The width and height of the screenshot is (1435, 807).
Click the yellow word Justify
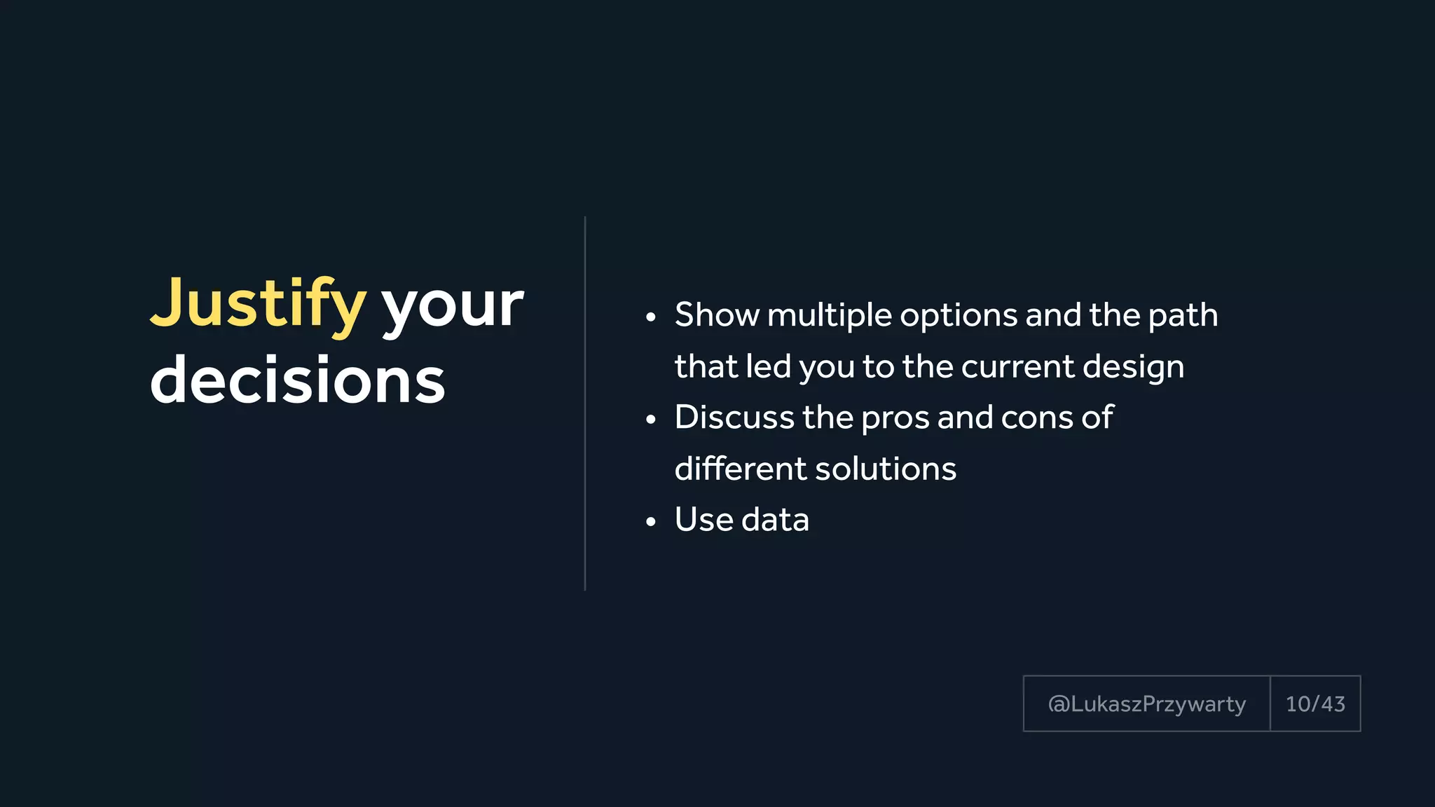point(258,304)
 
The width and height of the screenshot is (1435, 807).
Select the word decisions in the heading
point(298,380)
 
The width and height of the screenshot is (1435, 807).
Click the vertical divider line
point(585,403)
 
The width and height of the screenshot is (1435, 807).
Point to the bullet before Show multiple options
point(651,318)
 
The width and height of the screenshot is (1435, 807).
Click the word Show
point(716,315)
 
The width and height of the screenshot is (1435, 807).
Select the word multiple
point(830,316)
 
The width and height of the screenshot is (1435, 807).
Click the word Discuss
point(734,418)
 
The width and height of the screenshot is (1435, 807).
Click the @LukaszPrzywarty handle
point(1146,704)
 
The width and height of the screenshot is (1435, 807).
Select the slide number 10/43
point(1315,704)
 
